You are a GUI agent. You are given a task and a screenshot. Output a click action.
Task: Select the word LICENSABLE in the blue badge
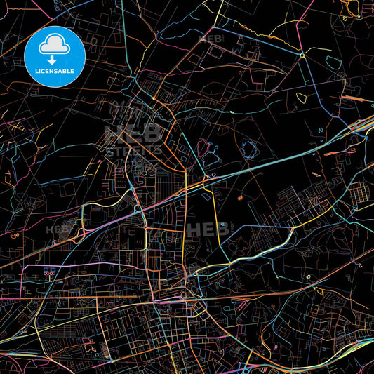54,71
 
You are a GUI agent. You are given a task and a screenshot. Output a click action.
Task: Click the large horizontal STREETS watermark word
133,149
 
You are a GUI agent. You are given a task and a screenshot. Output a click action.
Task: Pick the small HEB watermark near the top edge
213,39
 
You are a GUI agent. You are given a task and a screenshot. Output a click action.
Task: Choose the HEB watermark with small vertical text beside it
206,229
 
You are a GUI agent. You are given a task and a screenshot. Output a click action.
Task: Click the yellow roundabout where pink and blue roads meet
302,55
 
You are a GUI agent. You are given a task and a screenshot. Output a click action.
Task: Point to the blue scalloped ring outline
248,148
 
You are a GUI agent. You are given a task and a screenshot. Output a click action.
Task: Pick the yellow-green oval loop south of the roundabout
302,98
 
